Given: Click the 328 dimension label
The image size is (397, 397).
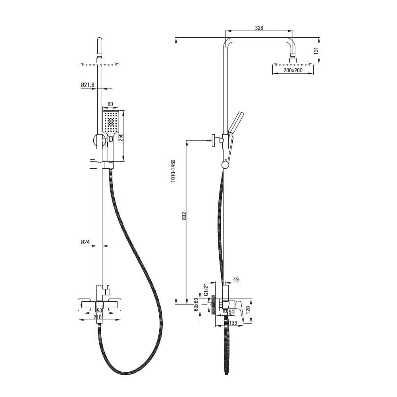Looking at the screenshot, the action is (x=259, y=28).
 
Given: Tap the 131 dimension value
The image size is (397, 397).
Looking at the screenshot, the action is (x=316, y=51).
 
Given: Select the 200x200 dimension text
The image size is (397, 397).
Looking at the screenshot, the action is (x=293, y=70).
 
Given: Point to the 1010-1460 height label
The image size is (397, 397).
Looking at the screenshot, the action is (x=173, y=171).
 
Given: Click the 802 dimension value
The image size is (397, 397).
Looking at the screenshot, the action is (x=184, y=216).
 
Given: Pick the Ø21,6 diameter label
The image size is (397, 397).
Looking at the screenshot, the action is (x=88, y=85).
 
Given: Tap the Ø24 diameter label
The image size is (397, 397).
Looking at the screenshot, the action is (x=85, y=242).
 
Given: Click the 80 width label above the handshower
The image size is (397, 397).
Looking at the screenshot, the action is (x=110, y=104).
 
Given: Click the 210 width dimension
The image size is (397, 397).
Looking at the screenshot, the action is (x=98, y=317).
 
